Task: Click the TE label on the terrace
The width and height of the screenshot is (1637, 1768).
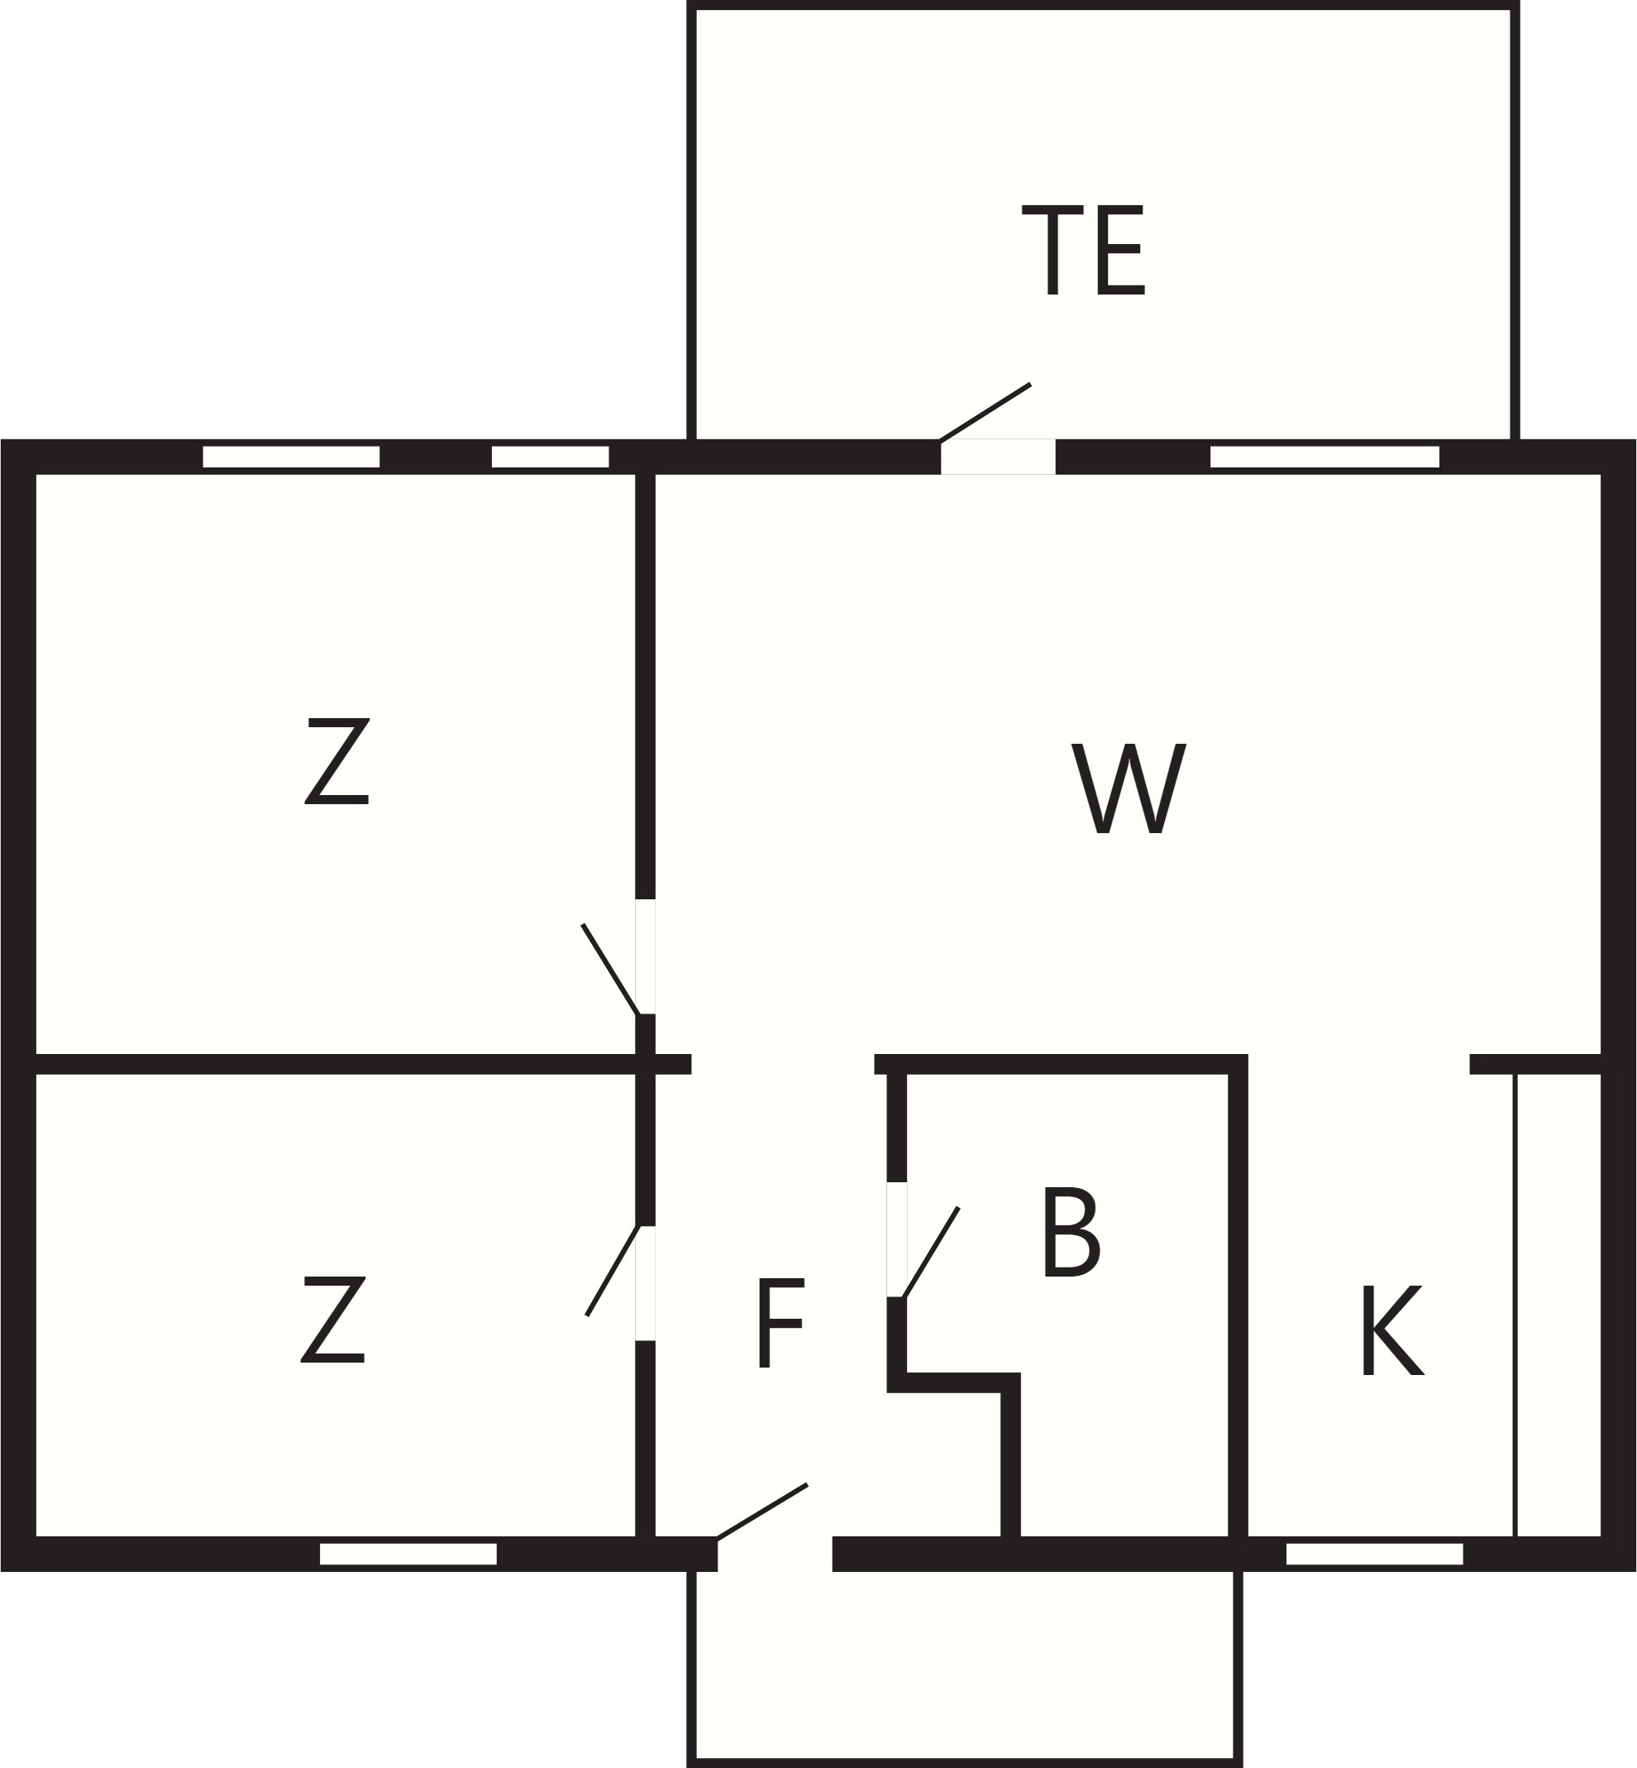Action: point(1083,250)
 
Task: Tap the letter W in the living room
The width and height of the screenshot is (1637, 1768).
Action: point(1129,788)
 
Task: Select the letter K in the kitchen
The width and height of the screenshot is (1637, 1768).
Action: point(1392,1330)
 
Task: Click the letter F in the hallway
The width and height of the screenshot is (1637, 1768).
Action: point(781,1322)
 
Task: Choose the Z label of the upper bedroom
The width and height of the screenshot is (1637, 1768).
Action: point(336,760)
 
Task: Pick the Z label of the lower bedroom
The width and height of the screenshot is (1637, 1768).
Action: point(333,1319)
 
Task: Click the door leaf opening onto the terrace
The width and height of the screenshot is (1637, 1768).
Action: point(985,412)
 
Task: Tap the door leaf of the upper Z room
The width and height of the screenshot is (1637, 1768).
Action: point(610,969)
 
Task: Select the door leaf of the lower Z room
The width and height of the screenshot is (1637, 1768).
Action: point(612,1270)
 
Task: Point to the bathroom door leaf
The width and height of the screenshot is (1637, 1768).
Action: point(930,1252)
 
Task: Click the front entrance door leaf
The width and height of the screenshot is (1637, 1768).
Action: point(761,1512)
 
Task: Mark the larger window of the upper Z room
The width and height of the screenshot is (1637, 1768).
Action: point(291,457)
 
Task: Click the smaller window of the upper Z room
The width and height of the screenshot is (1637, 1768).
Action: point(550,457)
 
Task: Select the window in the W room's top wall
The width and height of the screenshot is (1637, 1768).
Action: point(1325,457)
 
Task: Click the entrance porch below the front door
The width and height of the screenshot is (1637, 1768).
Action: point(965,1666)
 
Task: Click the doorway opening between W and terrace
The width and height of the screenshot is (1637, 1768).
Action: point(999,457)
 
